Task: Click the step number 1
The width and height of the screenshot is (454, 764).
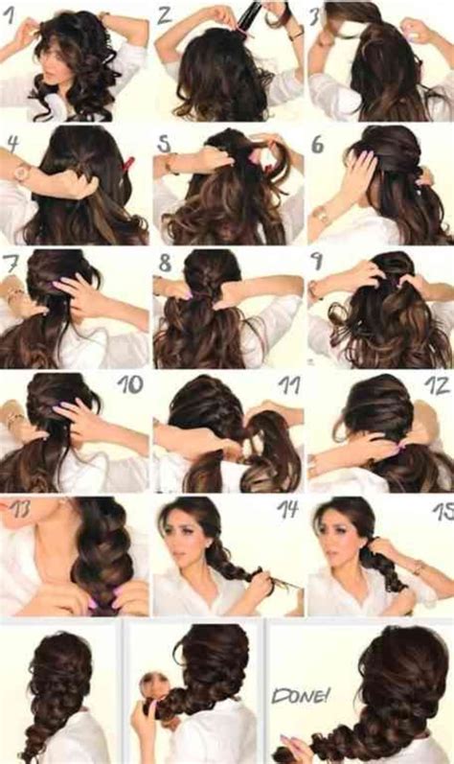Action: (12, 14)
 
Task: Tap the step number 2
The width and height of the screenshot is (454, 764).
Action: (165, 14)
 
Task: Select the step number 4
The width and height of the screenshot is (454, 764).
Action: (13, 144)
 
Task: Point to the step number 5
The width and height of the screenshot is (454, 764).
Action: (165, 144)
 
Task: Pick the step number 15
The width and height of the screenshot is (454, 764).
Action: (439, 508)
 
